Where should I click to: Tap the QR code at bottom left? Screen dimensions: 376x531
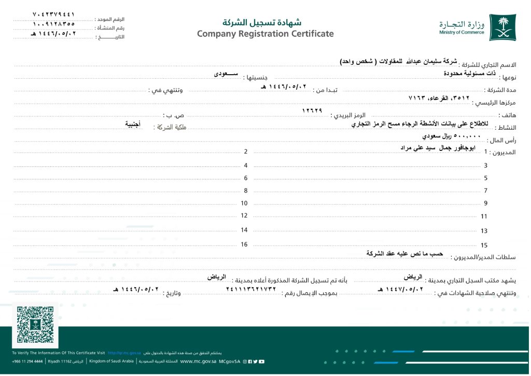click(x=35, y=324)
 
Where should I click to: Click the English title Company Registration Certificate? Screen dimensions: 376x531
click(x=265, y=34)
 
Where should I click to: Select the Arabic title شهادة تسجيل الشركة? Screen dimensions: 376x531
click(x=262, y=22)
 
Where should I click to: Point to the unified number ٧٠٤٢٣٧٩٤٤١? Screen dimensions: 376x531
click(x=53, y=14)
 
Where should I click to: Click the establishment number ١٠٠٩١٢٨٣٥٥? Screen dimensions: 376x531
click(x=53, y=23)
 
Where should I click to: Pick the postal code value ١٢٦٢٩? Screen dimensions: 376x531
click(x=312, y=110)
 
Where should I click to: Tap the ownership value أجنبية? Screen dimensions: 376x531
click(x=136, y=124)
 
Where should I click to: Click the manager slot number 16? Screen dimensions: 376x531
click(x=244, y=244)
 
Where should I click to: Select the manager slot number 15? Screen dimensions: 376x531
click(x=484, y=245)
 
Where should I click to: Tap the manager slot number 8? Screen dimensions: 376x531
click(x=246, y=190)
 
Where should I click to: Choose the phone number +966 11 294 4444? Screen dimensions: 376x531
click(x=27, y=361)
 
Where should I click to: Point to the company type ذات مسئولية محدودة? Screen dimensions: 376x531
click(x=469, y=74)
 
